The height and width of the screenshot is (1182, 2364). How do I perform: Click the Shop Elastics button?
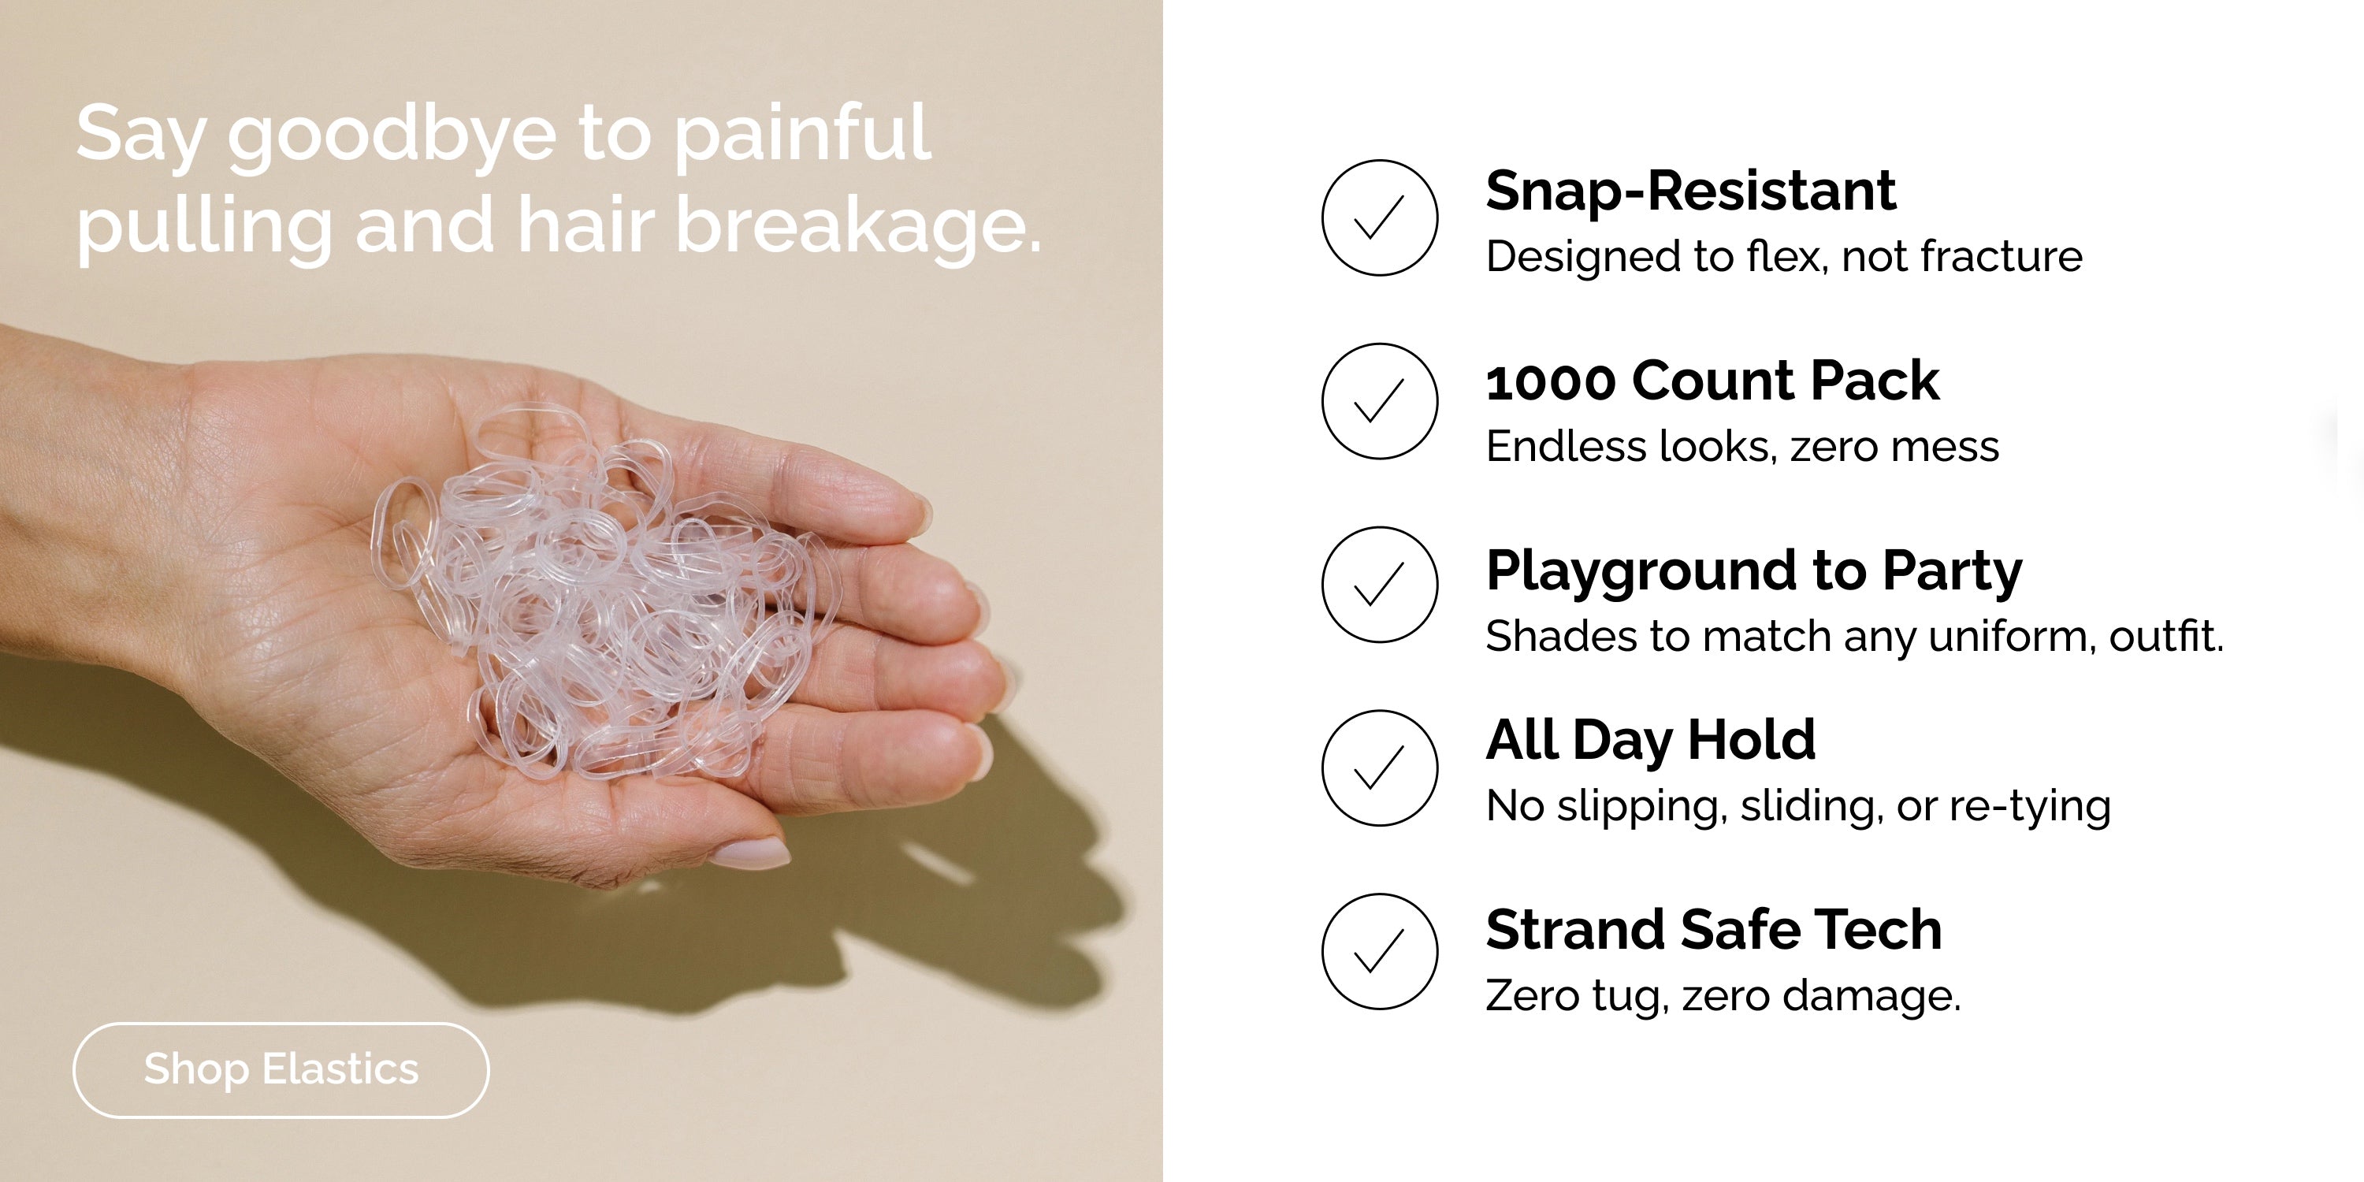[x=281, y=1070]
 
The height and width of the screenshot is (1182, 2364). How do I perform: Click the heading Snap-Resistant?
[x=1690, y=191]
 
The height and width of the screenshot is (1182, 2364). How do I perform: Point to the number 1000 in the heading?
[x=1550, y=381]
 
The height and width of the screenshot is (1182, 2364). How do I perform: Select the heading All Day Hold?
[x=1650, y=741]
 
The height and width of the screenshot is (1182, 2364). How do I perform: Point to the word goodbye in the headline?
[x=392, y=138]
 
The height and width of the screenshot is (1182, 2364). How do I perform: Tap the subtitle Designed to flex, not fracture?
[x=1784, y=257]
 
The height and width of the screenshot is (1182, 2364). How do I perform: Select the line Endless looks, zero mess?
[x=1741, y=447]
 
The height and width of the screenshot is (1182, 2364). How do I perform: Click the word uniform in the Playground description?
[x=2012, y=636]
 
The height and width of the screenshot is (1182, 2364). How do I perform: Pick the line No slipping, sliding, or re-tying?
[x=1797, y=807]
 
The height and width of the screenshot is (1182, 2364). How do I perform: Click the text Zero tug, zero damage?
[x=1723, y=997]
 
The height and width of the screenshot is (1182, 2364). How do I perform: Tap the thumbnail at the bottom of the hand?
[x=749, y=853]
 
